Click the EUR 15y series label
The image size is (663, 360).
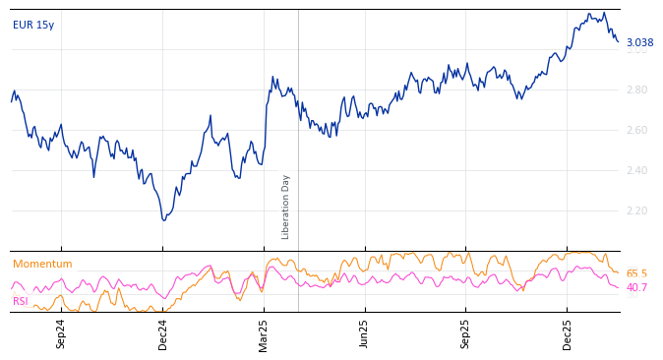click(33, 25)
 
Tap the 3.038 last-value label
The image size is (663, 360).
click(639, 42)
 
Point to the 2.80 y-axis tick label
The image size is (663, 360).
click(636, 90)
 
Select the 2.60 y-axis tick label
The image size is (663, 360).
click(636, 130)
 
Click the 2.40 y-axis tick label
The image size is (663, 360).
click(636, 170)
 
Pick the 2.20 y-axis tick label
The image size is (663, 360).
click(636, 210)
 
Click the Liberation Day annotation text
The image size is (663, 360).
click(286, 207)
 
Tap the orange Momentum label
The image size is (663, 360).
click(42, 264)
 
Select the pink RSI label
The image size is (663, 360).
click(21, 301)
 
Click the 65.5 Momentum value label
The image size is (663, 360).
click(636, 273)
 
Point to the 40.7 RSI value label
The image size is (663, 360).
click(636, 287)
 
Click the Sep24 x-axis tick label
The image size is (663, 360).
click(61, 333)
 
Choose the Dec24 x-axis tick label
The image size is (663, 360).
click(163, 333)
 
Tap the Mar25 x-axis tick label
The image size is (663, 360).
click(264, 333)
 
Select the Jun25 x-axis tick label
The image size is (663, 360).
click(364, 333)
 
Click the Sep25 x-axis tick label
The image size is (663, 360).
click(465, 333)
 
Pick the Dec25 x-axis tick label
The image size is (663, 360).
click(567, 333)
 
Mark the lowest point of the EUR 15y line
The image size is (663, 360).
click(163, 219)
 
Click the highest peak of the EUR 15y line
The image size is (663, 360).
click(603, 13)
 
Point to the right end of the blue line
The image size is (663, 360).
click(618, 41)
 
